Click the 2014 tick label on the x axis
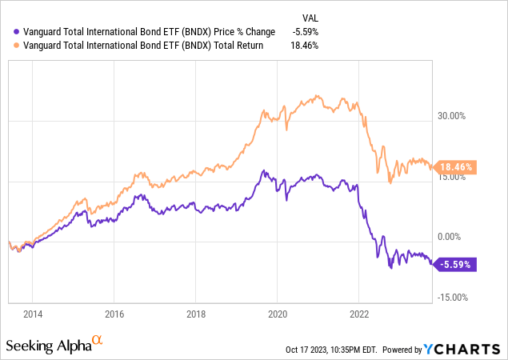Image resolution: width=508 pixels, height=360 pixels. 33,314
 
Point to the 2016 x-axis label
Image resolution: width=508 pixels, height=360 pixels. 114,314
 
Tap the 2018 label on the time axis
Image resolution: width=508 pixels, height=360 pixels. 196,314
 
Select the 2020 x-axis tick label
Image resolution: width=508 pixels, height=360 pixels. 278,314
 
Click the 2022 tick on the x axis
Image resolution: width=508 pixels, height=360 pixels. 359,314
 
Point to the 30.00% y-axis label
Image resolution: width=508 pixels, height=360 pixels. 453,116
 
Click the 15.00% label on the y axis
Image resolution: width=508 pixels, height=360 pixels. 453,177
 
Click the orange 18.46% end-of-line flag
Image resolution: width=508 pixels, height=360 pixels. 458,167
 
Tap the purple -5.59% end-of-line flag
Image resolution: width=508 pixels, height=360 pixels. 456,264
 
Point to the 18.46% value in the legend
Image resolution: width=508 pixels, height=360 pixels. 308,46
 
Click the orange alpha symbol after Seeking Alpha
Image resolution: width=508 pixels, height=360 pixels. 98,341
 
